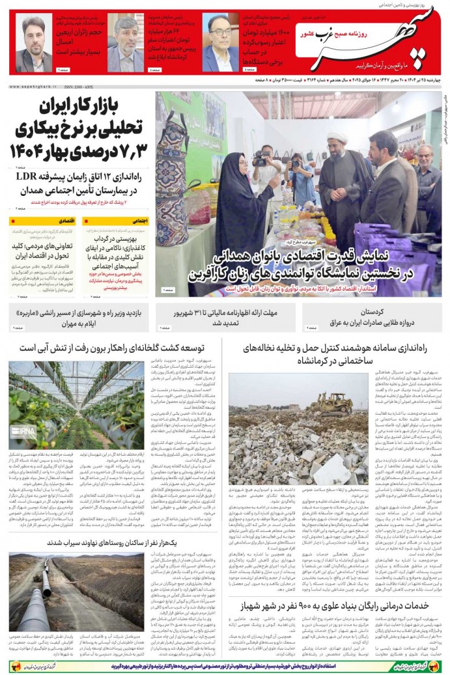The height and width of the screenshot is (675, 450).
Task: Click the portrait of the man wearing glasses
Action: pyautogui.click(x=221, y=42)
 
